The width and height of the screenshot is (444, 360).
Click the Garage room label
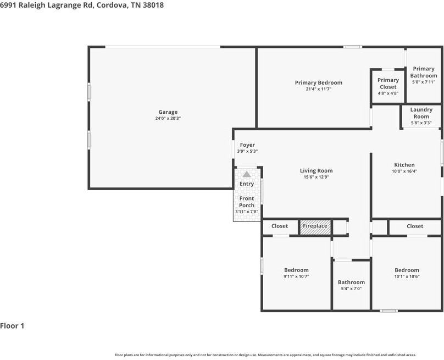(168, 112)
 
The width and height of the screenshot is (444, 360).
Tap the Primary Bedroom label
(319, 82)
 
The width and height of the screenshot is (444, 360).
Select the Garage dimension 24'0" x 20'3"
(168, 118)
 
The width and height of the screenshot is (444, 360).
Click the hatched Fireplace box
(315, 227)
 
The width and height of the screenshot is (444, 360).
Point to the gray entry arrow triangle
(247, 174)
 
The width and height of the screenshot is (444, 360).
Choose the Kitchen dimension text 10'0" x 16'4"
(404, 171)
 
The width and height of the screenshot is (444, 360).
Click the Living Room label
(317, 171)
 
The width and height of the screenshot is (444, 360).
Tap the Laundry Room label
(421, 113)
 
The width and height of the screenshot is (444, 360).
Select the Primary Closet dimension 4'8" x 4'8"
(388, 93)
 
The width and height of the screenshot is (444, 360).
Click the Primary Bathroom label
(424, 72)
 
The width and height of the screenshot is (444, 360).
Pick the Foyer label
(247, 145)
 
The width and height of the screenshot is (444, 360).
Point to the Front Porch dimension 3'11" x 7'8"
(247, 212)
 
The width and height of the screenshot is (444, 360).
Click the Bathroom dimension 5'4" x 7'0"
(351, 289)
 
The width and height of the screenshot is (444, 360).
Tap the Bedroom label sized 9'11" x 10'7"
(296, 270)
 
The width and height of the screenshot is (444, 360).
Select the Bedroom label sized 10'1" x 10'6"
(407, 270)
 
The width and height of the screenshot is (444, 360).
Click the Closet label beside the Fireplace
(280, 226)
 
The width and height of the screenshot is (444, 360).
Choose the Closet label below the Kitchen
(415, 226)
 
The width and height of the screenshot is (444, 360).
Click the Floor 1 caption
(12, 326)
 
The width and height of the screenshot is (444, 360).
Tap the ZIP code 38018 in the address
(153, 5)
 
